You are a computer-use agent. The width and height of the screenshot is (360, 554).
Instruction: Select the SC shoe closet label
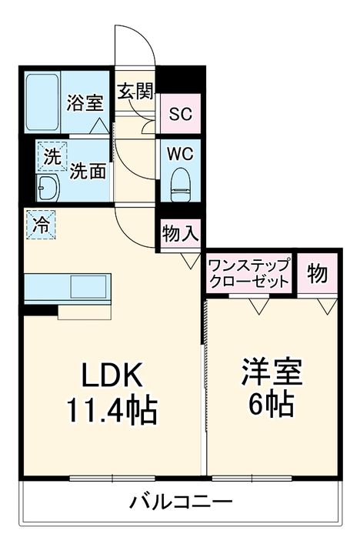[180, 114]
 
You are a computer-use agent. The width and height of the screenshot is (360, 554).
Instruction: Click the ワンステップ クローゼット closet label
[248, 272]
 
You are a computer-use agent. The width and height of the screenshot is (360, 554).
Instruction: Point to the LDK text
[113, 376]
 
